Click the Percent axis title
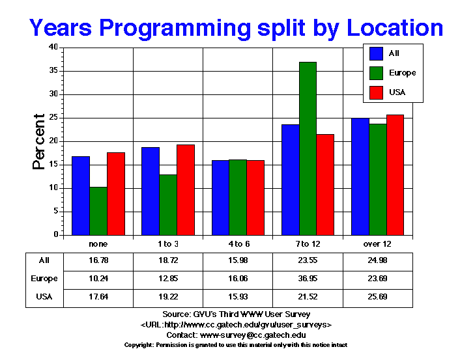[x=39, y=141]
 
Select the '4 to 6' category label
[x=238, y=243]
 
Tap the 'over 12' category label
[x=378, y=243]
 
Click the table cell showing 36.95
[x=308, y=279]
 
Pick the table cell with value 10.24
[x=98, y=279]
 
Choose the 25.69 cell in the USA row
[x=378, y=297]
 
